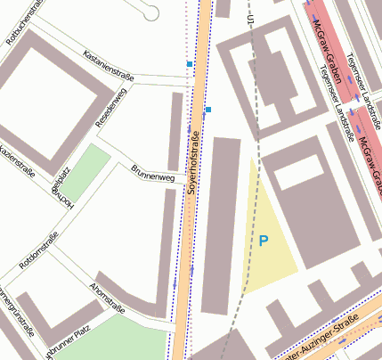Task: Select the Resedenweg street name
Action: (x=112, y=106)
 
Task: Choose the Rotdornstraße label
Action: (x=38, y=250)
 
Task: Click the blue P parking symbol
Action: (x=263, y=240)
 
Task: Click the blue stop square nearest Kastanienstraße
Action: (x=189, y=65)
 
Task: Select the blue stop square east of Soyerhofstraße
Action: (x=208, y=110)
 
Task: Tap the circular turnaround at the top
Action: (x=150, y=12)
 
